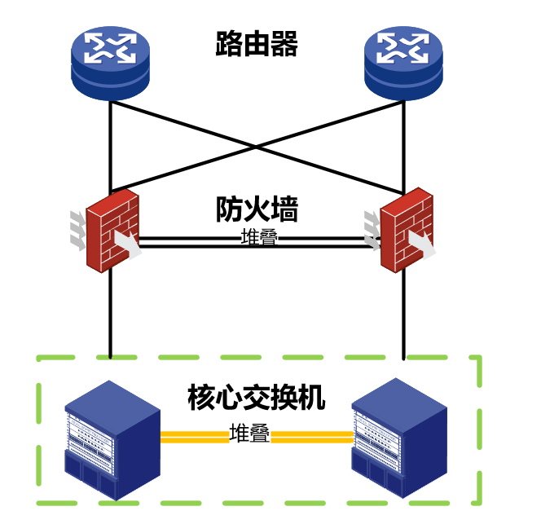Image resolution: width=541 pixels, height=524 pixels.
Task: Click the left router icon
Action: tap(110, 60)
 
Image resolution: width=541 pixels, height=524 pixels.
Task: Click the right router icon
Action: tap(402, 60)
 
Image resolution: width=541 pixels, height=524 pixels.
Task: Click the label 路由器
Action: tap(256, 44)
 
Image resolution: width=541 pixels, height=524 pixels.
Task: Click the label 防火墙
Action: tap(256, 209)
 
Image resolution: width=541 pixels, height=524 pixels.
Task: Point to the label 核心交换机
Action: tap(256, 399)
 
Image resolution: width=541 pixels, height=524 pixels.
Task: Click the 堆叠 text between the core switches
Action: tap(249, 434)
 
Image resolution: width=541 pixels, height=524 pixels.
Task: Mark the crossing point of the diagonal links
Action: tap(257, 147)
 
